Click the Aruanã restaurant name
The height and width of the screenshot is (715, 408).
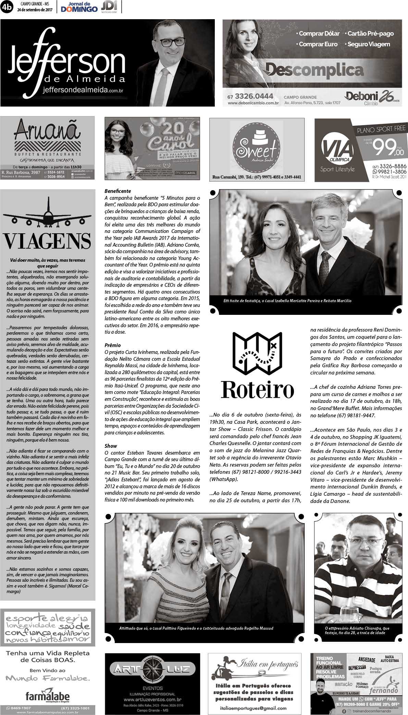(48, 131)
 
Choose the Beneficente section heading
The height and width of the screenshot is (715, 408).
(118, 191)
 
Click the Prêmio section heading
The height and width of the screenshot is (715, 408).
(113, 345)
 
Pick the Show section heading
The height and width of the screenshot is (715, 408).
(111, 446)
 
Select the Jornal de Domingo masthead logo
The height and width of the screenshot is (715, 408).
(79, 7)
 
